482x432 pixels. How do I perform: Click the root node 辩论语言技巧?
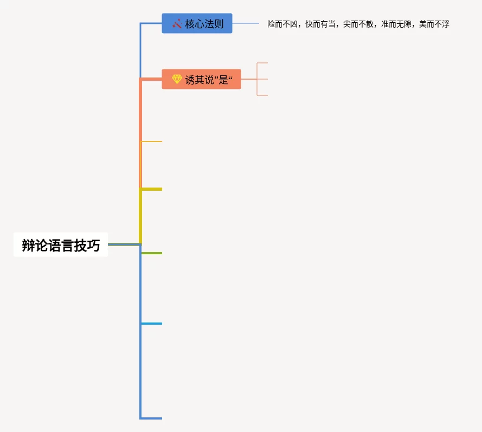[61, 245]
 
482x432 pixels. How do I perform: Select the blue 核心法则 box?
[197, 24]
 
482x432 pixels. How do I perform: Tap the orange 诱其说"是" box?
[201, 79]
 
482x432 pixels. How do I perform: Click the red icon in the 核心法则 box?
[176, 24]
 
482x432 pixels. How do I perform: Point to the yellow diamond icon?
[177, 79]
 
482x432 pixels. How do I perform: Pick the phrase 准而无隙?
[396, 24]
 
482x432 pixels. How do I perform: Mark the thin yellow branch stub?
[152, 141]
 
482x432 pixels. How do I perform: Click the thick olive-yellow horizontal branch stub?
[152, 189]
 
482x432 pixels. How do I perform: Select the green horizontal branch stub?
[152, 253]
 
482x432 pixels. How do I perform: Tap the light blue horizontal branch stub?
[152, 324]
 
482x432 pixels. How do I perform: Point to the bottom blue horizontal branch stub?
[152, 418]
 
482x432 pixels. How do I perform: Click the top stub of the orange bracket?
[262, 63]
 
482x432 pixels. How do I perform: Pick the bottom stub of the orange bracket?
[262, 95]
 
